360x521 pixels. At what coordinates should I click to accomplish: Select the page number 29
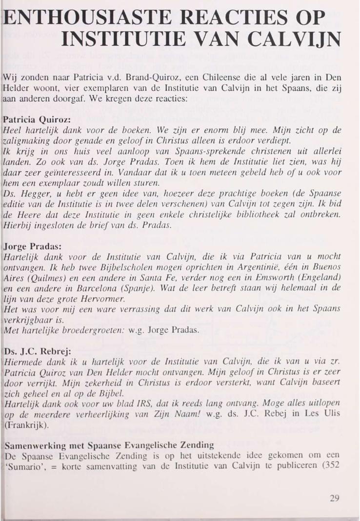click(334, 498)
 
